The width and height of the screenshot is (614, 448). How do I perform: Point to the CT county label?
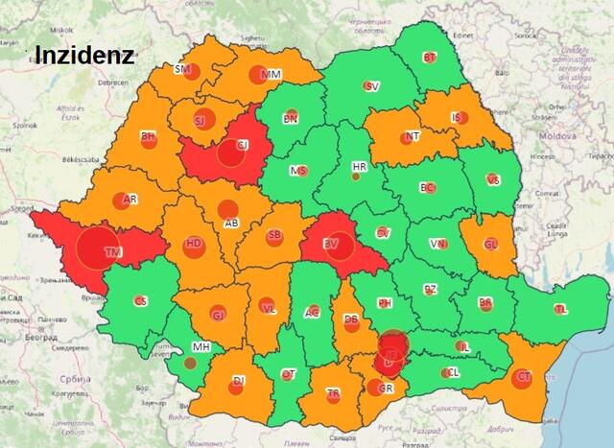coord(524,378)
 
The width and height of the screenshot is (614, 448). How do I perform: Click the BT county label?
coord(430,58)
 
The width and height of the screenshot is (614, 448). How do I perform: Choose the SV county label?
coord(372,86)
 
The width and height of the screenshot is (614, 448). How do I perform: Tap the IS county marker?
coord(457,118)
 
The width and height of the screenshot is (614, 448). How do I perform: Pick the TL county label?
coord(561,310)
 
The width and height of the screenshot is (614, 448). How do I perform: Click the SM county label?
coord(181,69)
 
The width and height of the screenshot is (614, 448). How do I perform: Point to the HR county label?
coord(360,166)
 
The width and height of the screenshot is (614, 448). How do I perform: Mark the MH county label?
coord(201,346)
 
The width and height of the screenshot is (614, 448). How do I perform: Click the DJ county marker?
coord(238,381)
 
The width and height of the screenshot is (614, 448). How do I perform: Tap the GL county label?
coord(490,245)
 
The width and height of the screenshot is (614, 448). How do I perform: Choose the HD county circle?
coord(194,245)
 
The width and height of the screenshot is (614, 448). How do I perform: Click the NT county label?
coord(413,136)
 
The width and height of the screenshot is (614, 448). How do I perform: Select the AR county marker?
coord(121,200)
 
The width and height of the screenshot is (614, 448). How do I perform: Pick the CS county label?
coord(141,301)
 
